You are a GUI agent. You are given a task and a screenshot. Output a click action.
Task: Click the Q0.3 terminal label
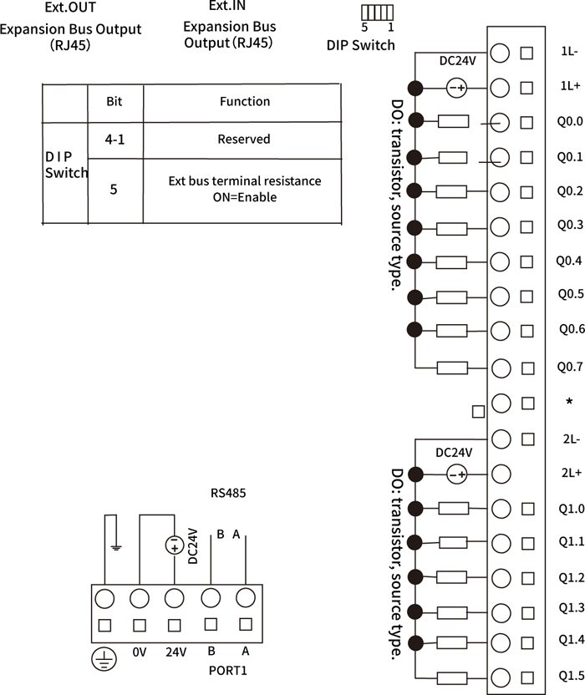point(569,225)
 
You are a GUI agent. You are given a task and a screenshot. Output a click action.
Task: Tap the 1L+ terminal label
point(569,86)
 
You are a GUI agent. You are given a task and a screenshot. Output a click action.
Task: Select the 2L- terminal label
point(570,438)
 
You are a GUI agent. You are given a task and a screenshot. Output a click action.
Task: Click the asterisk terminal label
point(569,402)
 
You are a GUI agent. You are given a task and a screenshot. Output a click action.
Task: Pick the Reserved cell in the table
point(243,140)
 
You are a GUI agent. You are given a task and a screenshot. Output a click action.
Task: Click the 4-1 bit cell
point(115,140)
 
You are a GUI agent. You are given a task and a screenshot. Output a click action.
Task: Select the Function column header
point(244,101)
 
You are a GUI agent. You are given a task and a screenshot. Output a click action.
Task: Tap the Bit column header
point(115,101)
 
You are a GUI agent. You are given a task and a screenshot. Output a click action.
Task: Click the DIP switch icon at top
point(378,13)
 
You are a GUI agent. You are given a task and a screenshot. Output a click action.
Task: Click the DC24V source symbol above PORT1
point(175,545)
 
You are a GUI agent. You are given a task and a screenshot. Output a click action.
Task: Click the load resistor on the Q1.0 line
point(452,508)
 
